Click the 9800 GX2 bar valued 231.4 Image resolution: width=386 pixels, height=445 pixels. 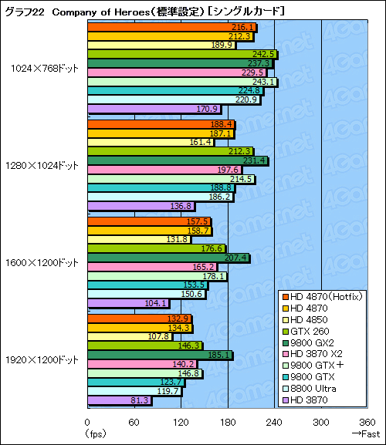click(x=178, y=160)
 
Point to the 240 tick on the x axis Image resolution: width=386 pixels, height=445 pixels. click(x=274, y=422)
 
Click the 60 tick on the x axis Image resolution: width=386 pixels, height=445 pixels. click(x=134, y=422)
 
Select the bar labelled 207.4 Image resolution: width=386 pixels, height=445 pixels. click(x=168, y=257)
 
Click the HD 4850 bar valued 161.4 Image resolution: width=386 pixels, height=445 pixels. click(x=151, y=142)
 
